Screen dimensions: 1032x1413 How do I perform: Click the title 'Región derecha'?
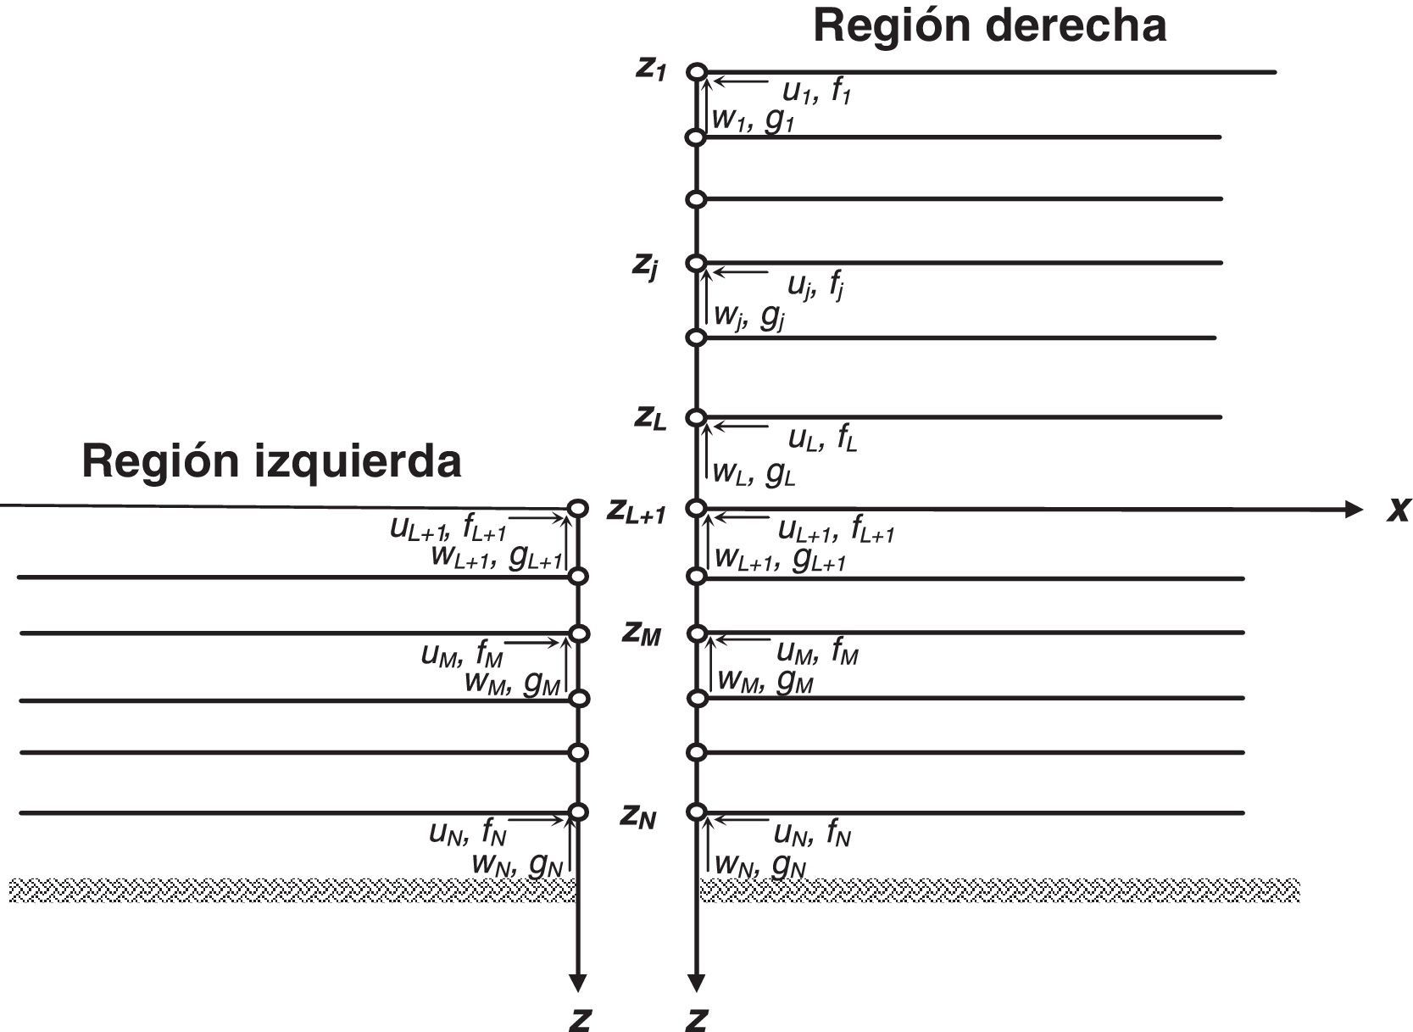(x=989, y=25)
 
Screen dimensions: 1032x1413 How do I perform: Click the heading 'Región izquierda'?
(x=271, y=461)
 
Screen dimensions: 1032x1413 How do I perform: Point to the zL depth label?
(x=651, y=418)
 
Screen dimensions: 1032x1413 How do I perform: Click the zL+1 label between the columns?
(x=637, y=512)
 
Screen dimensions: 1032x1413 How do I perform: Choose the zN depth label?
(x=638, y=817)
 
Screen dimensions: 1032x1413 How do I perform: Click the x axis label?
(x=1398, y=510)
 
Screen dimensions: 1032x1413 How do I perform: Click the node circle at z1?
(x=697, y=72)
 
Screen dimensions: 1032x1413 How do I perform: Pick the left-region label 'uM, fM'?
(x=462, y=655)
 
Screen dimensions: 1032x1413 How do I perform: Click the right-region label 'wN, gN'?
(x=759, y=866)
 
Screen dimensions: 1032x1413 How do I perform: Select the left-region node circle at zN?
(x=578, y=812)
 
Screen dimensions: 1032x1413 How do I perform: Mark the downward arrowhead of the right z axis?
(x=697, y=984)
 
